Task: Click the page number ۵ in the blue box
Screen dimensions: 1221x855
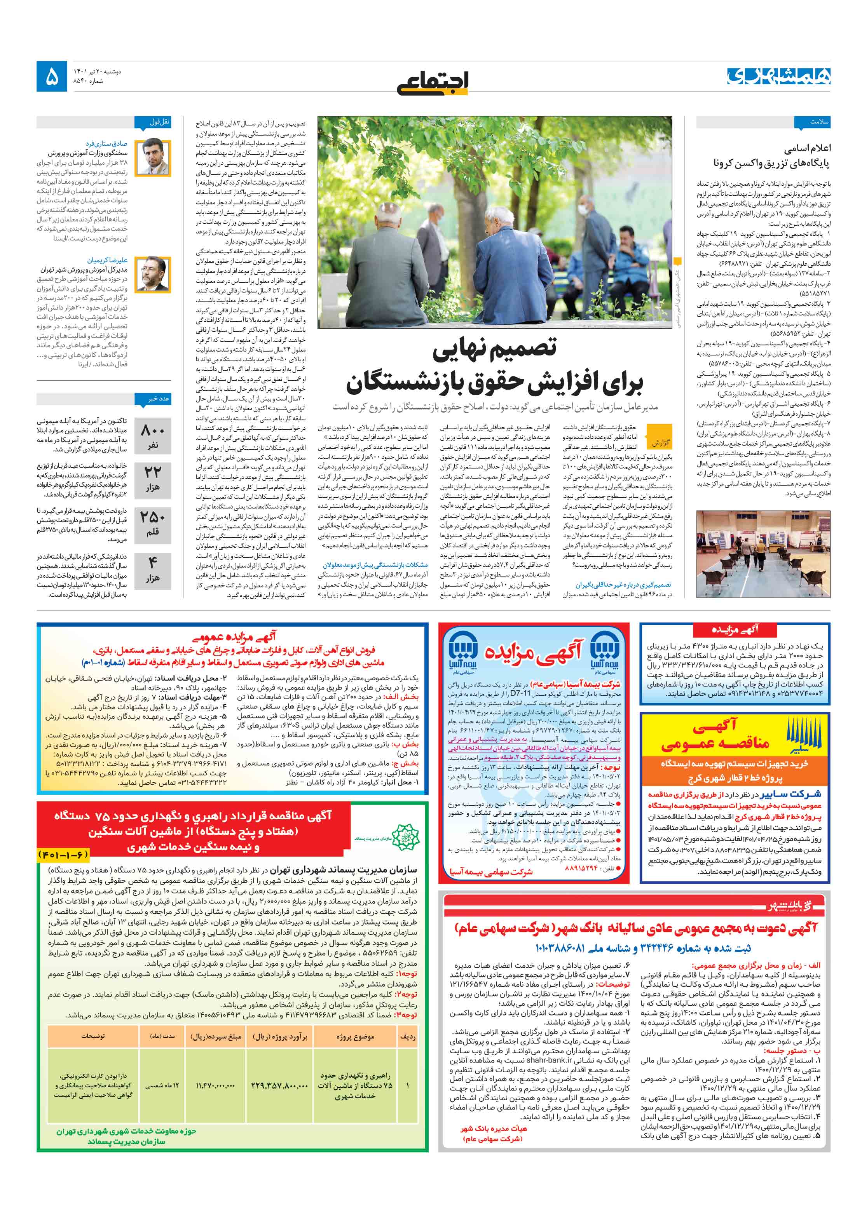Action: (52, 77)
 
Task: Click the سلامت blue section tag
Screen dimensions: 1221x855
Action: (812, 122)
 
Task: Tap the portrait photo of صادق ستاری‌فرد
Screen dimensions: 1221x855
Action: (153, 157)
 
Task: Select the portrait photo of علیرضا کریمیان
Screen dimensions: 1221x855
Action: (153, 274)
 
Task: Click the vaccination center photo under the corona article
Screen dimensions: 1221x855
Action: (763, 554)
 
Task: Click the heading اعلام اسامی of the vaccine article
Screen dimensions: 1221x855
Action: (806, 148)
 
